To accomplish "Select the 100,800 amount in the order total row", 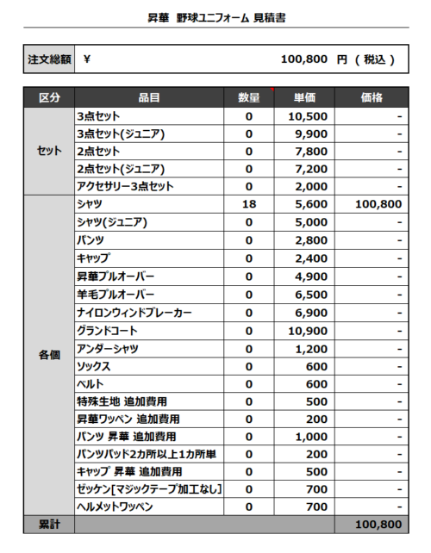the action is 303,60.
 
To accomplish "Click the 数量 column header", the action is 248,98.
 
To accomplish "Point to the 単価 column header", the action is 304,98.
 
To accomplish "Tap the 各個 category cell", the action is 50,356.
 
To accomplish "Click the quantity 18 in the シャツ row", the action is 248,204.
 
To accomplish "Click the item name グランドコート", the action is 107,331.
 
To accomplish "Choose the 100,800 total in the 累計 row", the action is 378,524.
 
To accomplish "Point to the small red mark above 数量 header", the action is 272,89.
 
